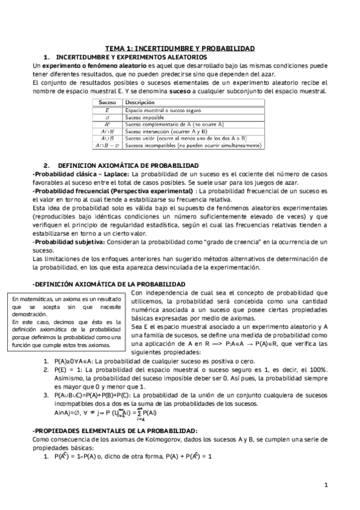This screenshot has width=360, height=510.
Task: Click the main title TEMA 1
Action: tap(180, 48)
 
